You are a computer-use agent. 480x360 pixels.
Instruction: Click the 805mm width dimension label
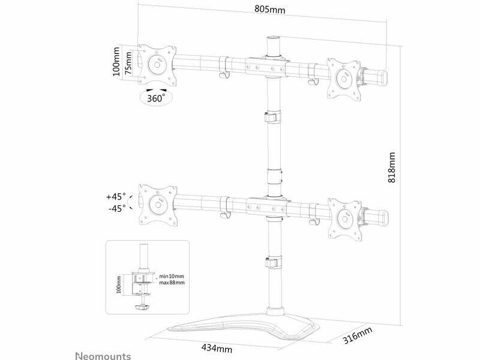pyautogui.click(x=269, y=9)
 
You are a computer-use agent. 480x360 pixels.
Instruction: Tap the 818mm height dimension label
pyautogui.click(x=392, y=167)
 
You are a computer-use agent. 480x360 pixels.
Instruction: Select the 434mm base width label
pyautogui.click(x=217, y=348)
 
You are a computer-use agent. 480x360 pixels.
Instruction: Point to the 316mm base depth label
pyautogui.click(x=357, y=335)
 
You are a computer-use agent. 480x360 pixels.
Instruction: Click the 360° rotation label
pyautogui.click(x=156, y=98)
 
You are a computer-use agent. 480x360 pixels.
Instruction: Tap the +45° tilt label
pyautogui.click(x=116, y=196)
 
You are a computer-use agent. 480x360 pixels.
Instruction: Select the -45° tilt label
pyautogui.click(x=117, y=208)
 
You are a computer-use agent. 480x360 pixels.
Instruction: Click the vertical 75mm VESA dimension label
pyautogui.click(x=128, y=63)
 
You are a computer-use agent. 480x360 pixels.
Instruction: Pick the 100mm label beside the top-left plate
pyautogui.click(x=116, y=62)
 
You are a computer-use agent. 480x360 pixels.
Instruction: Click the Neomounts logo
pyautogui.click(x=103, y=356)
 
